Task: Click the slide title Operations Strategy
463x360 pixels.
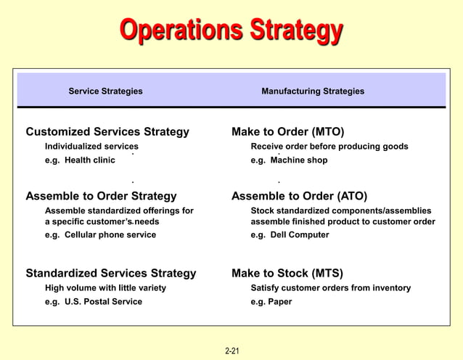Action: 231,31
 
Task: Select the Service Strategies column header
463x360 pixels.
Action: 105,91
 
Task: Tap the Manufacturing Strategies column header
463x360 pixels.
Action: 313,91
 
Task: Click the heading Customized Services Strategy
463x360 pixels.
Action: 107,132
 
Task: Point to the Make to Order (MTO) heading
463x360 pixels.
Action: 287,132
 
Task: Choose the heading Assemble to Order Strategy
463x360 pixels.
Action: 101,196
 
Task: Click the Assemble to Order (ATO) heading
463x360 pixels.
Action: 299,196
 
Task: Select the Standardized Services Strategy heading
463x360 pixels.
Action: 111,274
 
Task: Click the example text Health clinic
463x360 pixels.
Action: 89,160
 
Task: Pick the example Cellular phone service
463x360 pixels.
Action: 110,235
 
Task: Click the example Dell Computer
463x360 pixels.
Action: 300,235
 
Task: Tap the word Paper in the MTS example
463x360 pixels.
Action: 280,302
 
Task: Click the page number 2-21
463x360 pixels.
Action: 232,351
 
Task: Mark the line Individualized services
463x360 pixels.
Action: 91,147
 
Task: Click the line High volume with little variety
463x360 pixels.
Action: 105,288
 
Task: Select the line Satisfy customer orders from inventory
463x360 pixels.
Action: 330,288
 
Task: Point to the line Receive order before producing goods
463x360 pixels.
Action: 329,147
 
